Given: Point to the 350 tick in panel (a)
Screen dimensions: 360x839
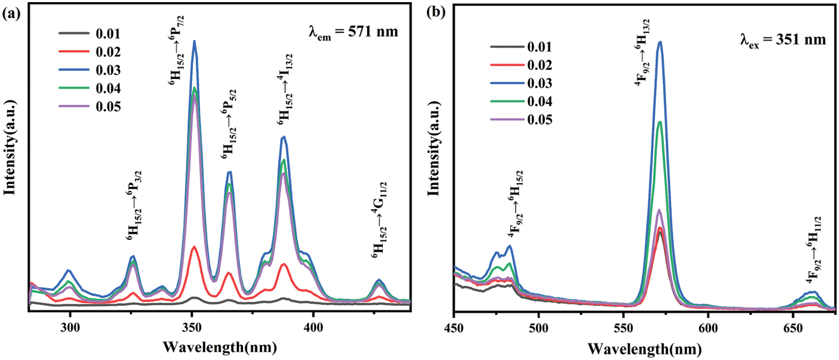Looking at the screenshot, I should (x=192, y=328).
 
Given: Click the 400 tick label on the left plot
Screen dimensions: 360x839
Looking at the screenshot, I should (x=313, y=328).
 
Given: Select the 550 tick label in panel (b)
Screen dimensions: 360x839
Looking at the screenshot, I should (x=623, y=329).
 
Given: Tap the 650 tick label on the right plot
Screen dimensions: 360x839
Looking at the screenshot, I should (x=793, y=329).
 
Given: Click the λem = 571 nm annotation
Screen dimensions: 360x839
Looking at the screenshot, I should (x=353, y=32).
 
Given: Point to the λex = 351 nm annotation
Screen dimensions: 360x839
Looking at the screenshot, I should (x=783, y=40).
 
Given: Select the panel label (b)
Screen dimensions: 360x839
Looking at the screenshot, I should (x=435, y=12).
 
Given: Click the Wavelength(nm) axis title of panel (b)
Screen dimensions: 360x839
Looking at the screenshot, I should (x=644, y=348).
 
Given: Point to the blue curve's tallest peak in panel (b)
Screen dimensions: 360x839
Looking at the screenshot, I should (x=660, y=42).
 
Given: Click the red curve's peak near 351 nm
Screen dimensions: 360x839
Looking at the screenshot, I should (x=194, y=247).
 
